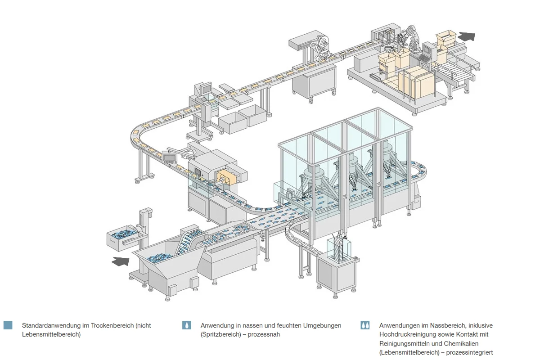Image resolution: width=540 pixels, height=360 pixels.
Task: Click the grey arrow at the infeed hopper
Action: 121,261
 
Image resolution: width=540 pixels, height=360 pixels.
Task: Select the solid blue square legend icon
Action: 8,325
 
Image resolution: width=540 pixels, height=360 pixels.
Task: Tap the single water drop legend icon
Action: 187,325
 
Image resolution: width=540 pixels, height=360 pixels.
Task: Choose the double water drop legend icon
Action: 365,325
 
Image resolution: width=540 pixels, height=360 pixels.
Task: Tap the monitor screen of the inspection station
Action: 207,88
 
